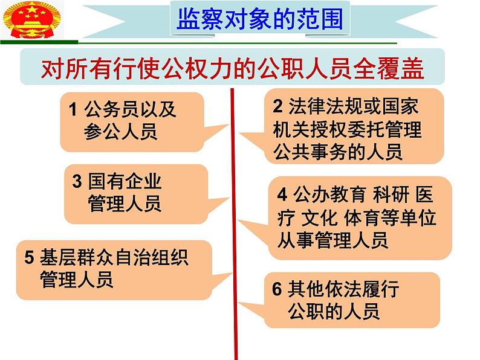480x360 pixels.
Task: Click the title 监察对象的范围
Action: click(x=260, y=19)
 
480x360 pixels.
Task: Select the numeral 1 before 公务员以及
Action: click(x=73, y=110)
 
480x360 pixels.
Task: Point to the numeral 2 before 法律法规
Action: click(x=277, y=106)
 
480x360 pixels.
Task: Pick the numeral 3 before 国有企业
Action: click(x=77, y=181)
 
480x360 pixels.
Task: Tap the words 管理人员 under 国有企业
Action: click(x=125, y=203)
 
